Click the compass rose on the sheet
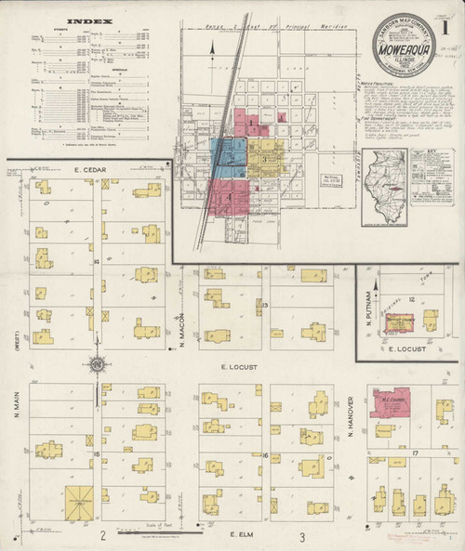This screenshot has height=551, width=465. [x=96, y=364]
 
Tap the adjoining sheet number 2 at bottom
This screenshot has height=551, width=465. [x=103, y=536]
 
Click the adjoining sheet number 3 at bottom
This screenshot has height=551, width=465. [x=301, y=537]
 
